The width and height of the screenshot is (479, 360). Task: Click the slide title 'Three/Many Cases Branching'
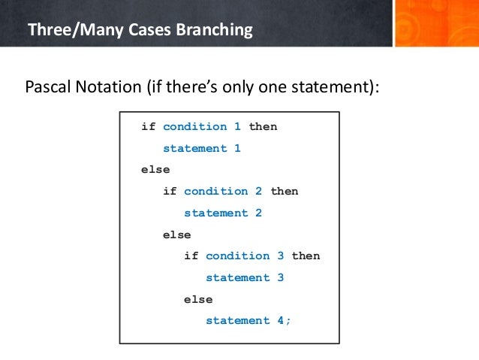[x=140, y=31]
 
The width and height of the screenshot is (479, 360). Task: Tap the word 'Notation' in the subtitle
[x=110, y=87]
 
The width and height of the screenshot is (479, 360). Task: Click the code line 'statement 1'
[x=202, y=148]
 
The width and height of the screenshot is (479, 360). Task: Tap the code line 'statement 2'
[x=223, y=213]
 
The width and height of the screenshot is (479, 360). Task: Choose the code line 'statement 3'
[x=245, y=277]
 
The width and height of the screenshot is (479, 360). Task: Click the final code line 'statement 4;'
[x=249, y=320]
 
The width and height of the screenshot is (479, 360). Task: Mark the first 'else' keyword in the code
[x=155, y=169]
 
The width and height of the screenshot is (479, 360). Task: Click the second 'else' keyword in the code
[x=177, y=234]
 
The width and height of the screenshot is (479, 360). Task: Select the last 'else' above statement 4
[x=198, y=299]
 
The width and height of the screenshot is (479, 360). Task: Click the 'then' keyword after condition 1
[x=263, y=126]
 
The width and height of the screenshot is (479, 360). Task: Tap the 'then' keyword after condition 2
[x=284, y=191]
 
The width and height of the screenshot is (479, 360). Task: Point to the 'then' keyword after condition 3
[x=306, y=256]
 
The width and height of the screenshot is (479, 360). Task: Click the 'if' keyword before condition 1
[x=148, y=126]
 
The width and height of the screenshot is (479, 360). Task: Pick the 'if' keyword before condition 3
[x=191, y=256]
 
